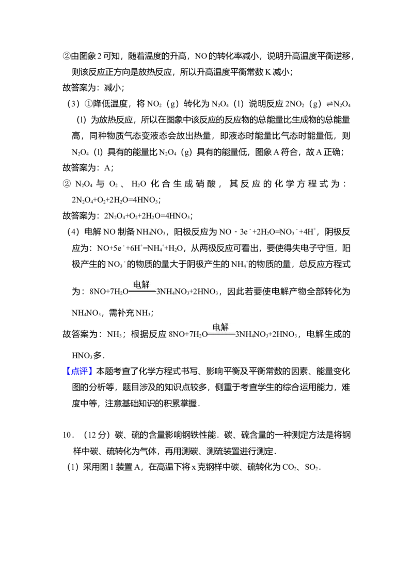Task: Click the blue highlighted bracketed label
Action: pyautogui.click(x=80, y=370)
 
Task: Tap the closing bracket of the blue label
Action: pyautogui.click(x=91, y=370)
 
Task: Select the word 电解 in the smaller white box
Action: pyautogui.click(x=141, y=285)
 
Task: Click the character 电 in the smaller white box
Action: pyautogui.click(x=137, y=285)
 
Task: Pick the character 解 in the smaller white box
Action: pyautogui.click(x=145, y=285)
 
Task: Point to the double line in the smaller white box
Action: pyautogui.click(x=142, y=291)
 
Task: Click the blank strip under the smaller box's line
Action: pyautogui.click(x=142, y=297)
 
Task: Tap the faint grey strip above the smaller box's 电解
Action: pyautogui.click(x=142, y=279)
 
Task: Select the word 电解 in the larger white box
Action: pyautogui.click(x=220, y=327)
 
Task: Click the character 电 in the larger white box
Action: pyautogui.click(x=217, y=327)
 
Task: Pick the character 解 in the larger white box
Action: pyautogui.click(x=225, y=327)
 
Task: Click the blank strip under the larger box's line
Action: pyautogui.click(x=223, y=341)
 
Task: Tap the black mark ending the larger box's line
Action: pyautogui.click(x=237, y=335)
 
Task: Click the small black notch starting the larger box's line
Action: pyautogui.click(x=207, y=334)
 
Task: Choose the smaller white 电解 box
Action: pyautogui.click(x=142, y=289)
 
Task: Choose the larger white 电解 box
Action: pyautogui.click(x=223, y=334)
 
